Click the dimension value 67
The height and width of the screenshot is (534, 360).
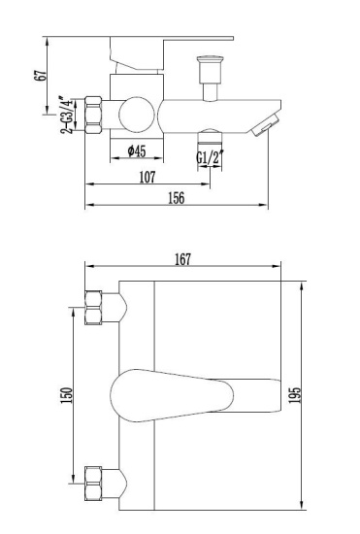coord(40,76)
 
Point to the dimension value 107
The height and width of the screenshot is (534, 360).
coord(147,177)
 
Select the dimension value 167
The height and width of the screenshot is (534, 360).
coord(181,257)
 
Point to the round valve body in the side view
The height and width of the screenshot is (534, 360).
coord(136,116)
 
